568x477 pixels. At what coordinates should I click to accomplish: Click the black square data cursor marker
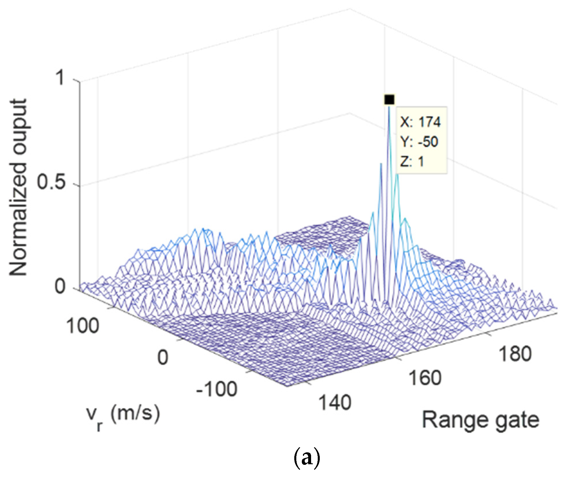(389, 100)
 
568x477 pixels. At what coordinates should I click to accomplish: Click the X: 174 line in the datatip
(420, 122)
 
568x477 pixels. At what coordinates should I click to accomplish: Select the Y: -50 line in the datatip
(419, 142)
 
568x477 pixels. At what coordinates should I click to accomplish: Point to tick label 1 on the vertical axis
(61, 78)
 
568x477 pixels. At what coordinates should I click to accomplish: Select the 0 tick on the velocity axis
(163, 357)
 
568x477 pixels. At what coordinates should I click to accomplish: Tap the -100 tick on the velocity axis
(217, 389)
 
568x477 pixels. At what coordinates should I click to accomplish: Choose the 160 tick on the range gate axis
(425, 378)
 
